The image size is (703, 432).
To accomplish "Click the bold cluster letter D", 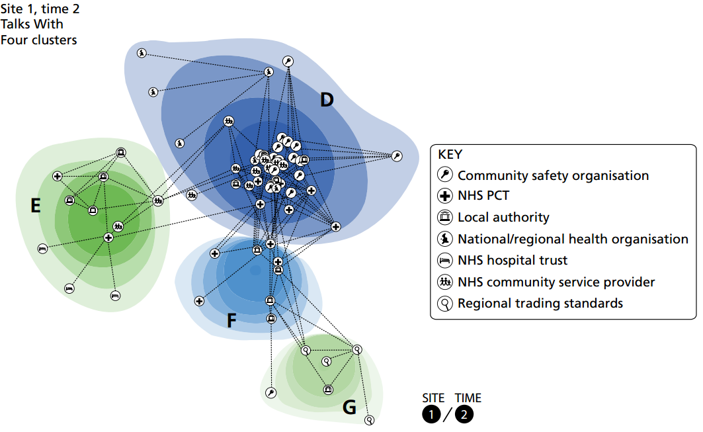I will tap(327, 100).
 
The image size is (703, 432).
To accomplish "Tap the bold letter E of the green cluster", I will tap(36, 206).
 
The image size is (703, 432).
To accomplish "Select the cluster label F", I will tap(231, 322).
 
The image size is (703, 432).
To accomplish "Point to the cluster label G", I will tap(350, 408).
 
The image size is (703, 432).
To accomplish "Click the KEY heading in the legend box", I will tap(450, 155).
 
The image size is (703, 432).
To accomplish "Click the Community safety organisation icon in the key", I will tap(446, 175).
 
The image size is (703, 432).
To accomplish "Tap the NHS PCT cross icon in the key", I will tap(446, 196).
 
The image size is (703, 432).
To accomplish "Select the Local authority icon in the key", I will tap(446, 218).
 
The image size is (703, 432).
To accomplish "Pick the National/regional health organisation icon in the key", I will tap(446, 239).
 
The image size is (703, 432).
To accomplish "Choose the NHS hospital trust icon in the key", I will tap(446, 261).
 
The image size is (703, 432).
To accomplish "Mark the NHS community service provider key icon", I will tap(446, 282).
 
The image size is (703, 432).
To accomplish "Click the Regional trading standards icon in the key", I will tap(446, 304).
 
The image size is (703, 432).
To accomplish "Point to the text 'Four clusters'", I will tap(38, 40).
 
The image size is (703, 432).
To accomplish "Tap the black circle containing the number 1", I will tap(432, 415).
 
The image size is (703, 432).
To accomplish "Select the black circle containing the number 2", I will tap(464, 415).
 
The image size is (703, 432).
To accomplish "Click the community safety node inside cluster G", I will tap(270, 393).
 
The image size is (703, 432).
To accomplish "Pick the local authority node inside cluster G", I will tap(328, 389).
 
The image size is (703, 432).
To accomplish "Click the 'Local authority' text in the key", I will tap(503, 217).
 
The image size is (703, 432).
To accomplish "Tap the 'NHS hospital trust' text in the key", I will tap(513, 261).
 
